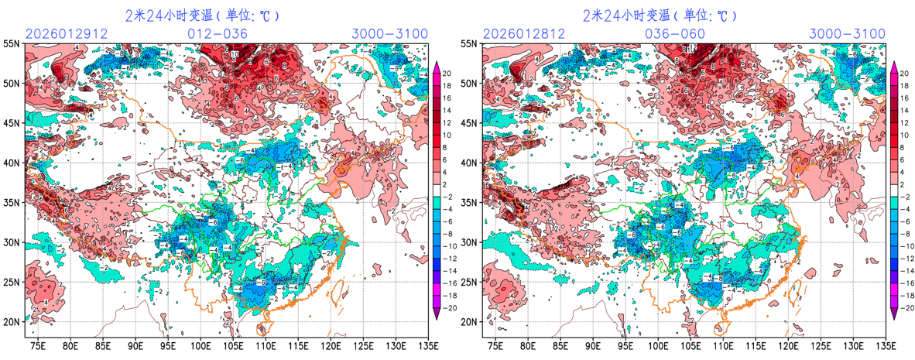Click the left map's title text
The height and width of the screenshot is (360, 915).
click(x=201, y=15)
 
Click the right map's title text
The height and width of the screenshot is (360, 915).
click(x=659, y=15)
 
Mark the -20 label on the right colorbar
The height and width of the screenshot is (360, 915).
click(x=903, y=307)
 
